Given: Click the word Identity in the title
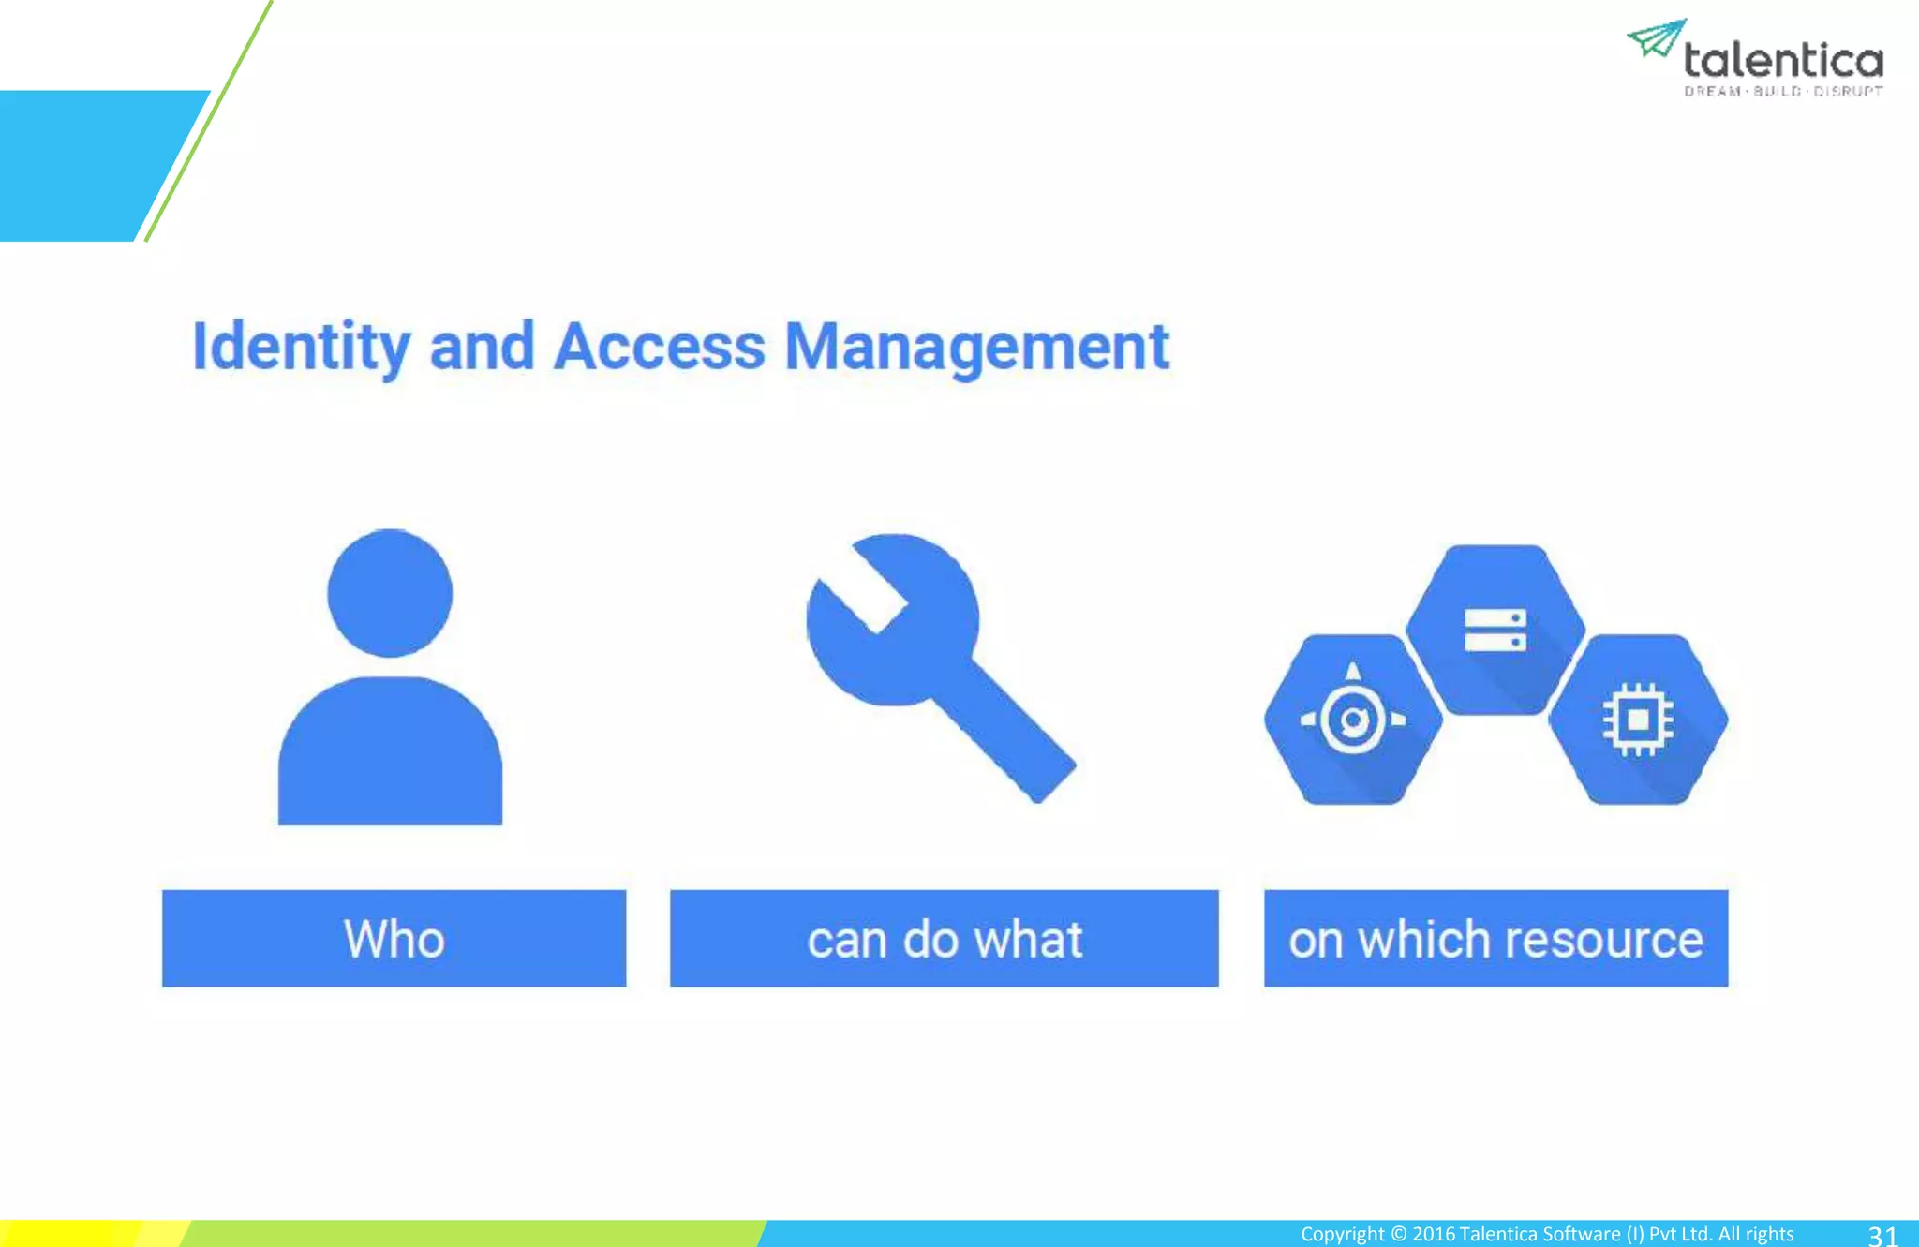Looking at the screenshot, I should tap(300, 348).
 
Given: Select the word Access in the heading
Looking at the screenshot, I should tap(659, 348).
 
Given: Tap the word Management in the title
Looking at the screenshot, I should tap(976, 348).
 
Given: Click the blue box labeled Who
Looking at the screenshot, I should tap(394, 938).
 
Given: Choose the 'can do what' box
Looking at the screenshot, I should tap(944, 938).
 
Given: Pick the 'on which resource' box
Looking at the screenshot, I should tap(1495, 938).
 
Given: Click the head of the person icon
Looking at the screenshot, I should tap(390, 593).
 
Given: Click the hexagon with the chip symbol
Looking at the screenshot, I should tap(1637, 720).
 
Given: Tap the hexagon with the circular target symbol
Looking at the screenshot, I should tap(1352, 720).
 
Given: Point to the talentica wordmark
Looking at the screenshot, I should tap(1783, 61).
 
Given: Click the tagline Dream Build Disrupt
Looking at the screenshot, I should tap(1783, 92).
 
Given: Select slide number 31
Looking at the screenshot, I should tap(1882, 1235).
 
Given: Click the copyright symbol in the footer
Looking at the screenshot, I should tap(1398, 1234).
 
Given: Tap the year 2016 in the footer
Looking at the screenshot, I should tap(1433, 1234).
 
